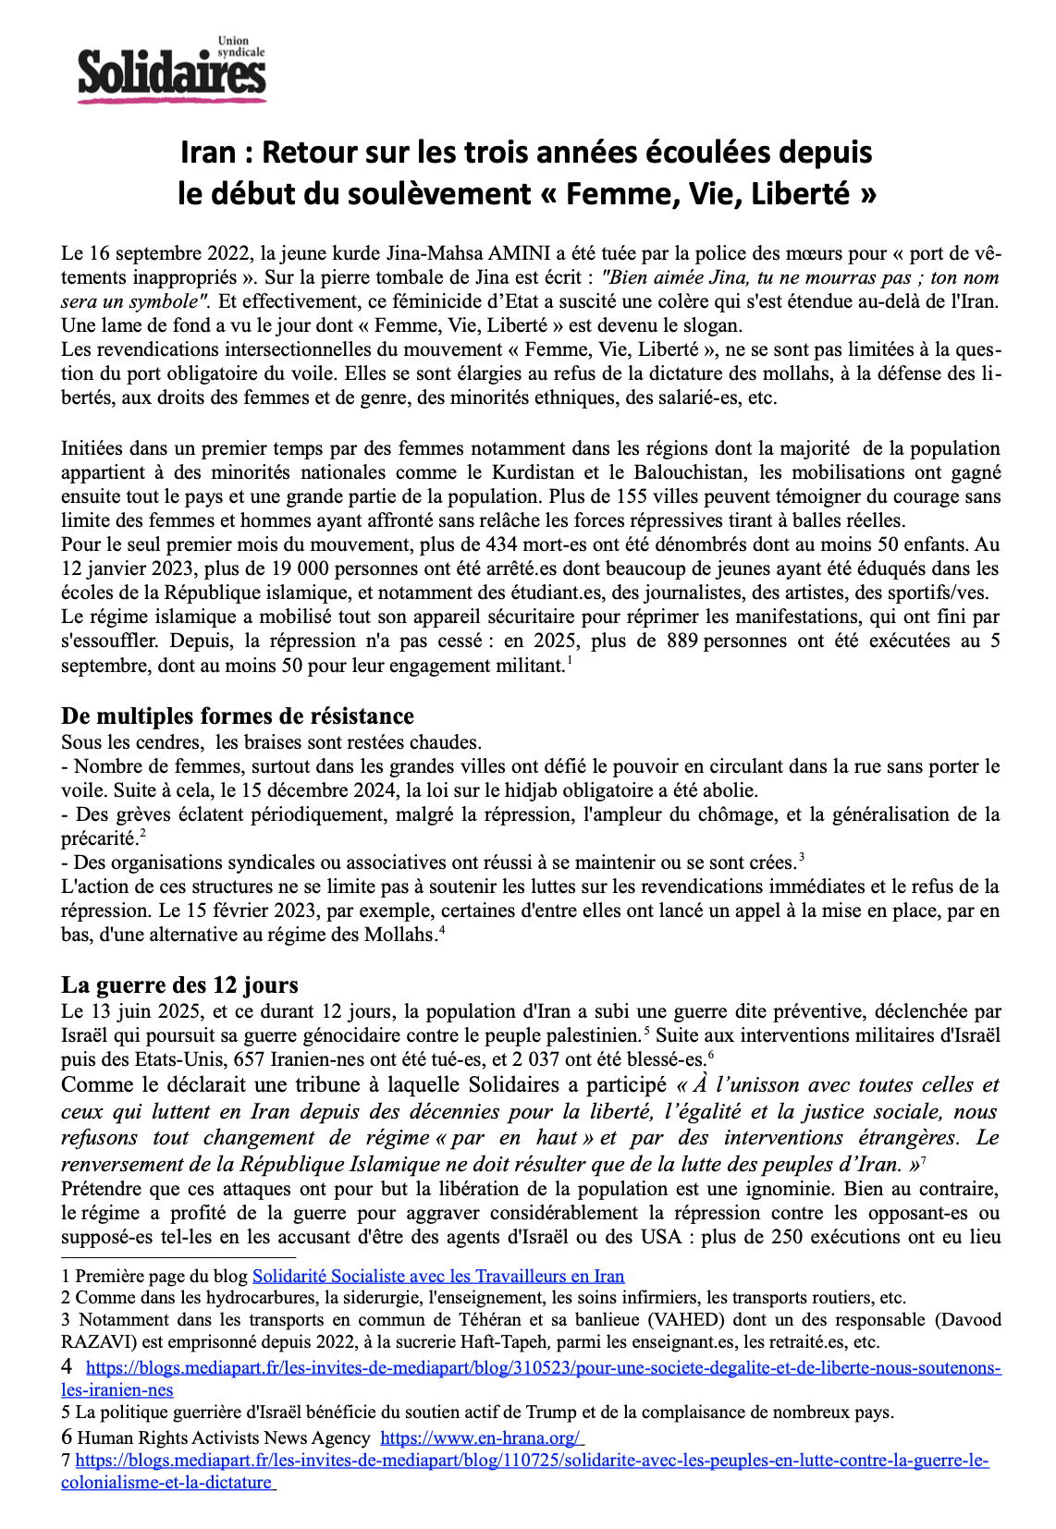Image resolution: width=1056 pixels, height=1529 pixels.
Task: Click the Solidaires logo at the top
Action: [x=172, y=71]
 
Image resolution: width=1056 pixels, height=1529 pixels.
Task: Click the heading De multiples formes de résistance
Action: [x=238, y=716]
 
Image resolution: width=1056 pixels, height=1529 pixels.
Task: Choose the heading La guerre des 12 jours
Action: [x=179, y=985]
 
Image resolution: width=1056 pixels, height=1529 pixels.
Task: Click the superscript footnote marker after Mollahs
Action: [x=443, y=929]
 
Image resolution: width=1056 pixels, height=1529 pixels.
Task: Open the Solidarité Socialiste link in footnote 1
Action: [x=438, y=1277]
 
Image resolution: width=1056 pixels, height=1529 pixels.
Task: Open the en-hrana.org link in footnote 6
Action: [x=480, y=1438]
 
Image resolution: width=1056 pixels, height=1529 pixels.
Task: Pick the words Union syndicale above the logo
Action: [x=239, y=47]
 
